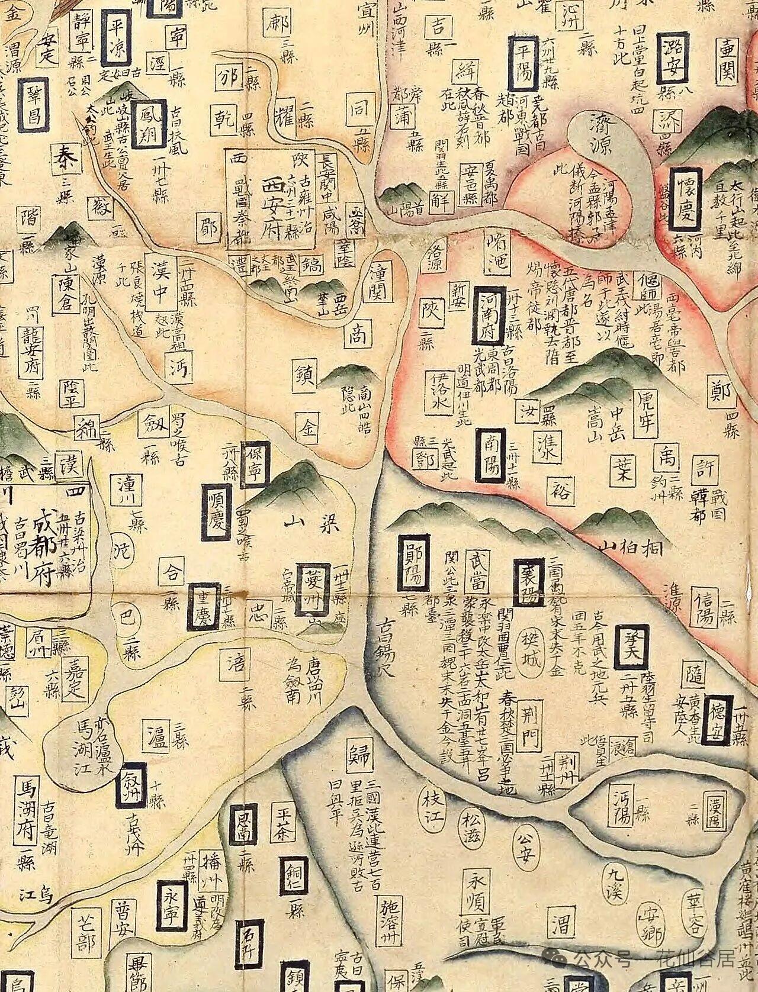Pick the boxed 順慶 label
(x=216, y=511)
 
